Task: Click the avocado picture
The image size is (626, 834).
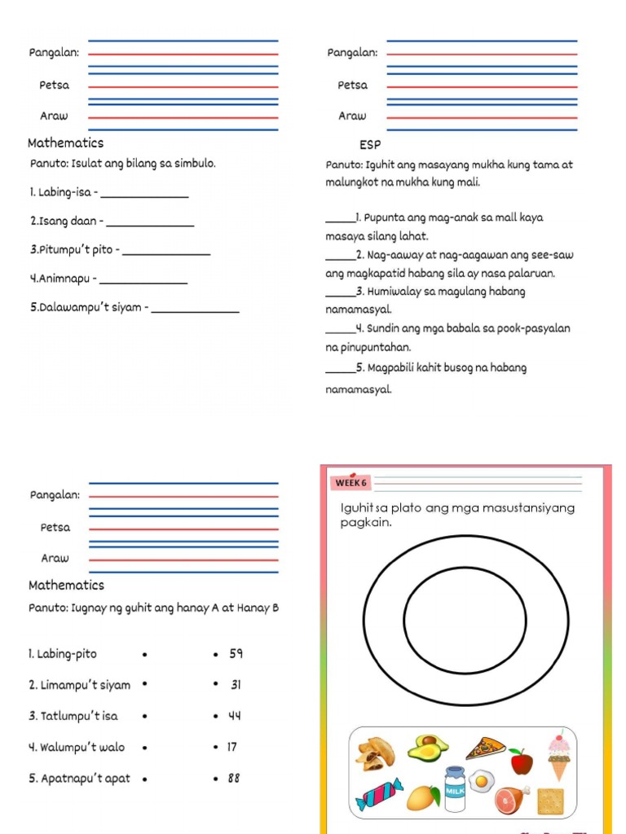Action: click(428, 748)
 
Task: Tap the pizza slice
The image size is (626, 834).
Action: click(486, 748)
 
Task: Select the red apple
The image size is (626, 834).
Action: click(521, 762)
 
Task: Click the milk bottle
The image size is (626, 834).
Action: click(454, 789)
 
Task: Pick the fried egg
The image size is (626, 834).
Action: click(483, 781)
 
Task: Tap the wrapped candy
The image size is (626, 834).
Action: click(379, 794)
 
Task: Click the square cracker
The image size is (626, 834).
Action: click(551, 801)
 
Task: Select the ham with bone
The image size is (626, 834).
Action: click(513, 799)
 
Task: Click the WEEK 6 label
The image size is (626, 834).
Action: click(350, 483)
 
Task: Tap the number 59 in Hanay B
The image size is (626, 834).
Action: click(236, 653)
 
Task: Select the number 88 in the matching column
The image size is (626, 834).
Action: click(234, 778)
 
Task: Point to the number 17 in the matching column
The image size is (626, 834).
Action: click(233, 746)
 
